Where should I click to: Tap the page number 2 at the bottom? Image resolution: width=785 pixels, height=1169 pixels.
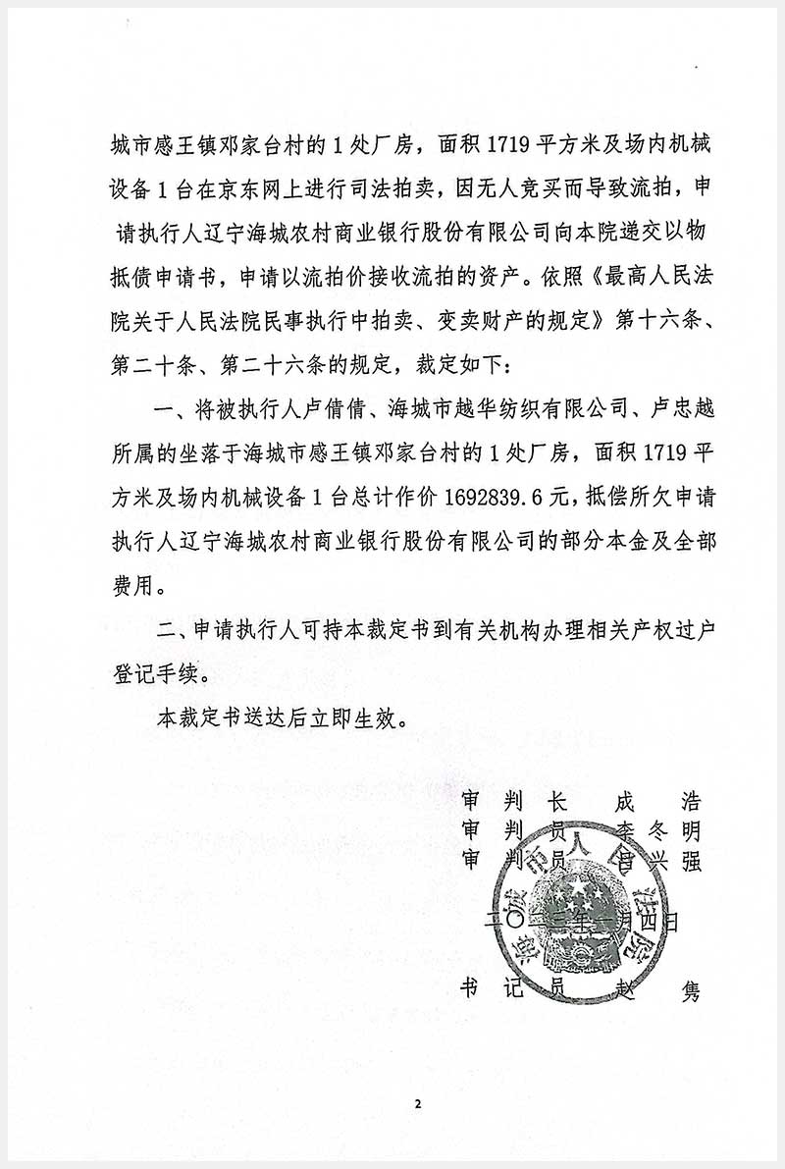(x=417, y=1103)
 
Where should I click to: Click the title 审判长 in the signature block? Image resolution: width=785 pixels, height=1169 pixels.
(x=515, y=800)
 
